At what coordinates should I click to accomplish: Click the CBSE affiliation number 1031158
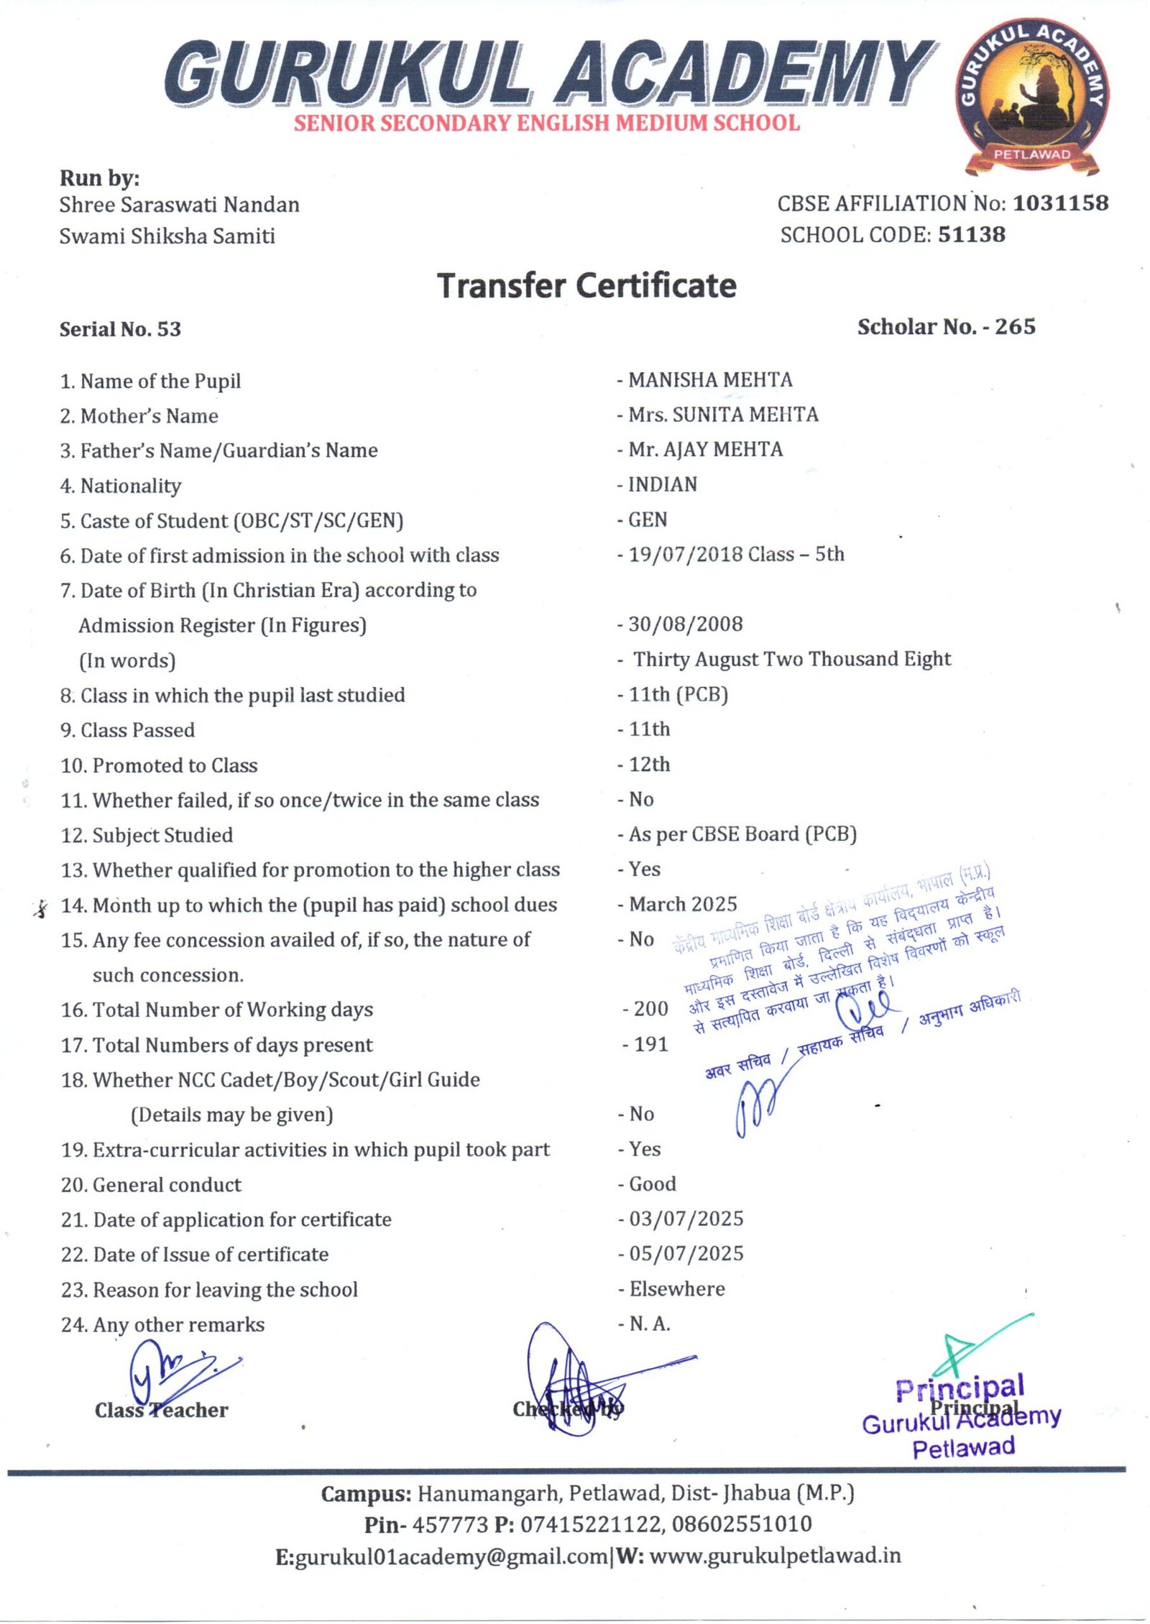coord(1060,203)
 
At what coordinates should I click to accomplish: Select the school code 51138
coord(972,234)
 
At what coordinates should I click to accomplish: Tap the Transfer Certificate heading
coord(586,285)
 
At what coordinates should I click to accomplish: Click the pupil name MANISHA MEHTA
coord(710,379)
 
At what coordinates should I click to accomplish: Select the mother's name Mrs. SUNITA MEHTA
coord(723,415)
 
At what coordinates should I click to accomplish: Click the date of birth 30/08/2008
coord(685,624)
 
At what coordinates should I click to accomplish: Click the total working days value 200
coord(650,1009)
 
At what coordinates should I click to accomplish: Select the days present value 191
coord(650,1044)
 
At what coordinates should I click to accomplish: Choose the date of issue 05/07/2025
coord(686,1254)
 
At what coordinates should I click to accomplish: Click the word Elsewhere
coord(677,1289)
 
